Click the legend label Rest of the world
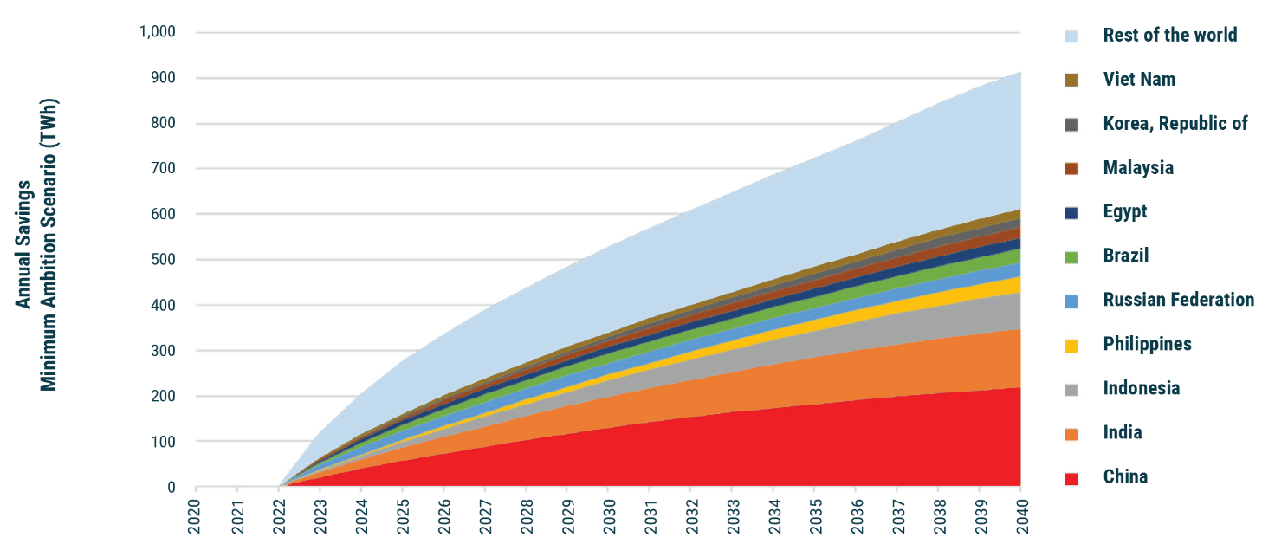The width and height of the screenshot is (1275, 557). (x=1169, y=36)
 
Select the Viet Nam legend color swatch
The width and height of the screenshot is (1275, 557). (x=1071, y=81)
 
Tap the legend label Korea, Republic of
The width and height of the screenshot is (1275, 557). (x=1175, y=124)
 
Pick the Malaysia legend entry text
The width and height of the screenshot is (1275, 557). (x=1138, y=168)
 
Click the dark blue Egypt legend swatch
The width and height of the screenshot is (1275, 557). (x=1071, y=213)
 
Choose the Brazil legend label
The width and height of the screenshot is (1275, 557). (x=1126, y=256)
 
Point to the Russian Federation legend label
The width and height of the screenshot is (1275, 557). (x=1178, y=300)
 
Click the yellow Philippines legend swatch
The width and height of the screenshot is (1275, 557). (x=1071, y=346)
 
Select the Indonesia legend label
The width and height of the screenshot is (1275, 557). (x=1141, y=388)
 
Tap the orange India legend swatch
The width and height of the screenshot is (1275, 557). (x=1071, y=434)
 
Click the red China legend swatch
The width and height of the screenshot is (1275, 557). (x=1071, y=478)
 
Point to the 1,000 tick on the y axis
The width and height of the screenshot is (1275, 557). (x=157, y=33)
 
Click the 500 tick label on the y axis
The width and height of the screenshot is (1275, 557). (x=164, y=260)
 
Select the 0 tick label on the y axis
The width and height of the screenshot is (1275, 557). (x=171, y=488)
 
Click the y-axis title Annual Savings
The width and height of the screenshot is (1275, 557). (x=25, y=243)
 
